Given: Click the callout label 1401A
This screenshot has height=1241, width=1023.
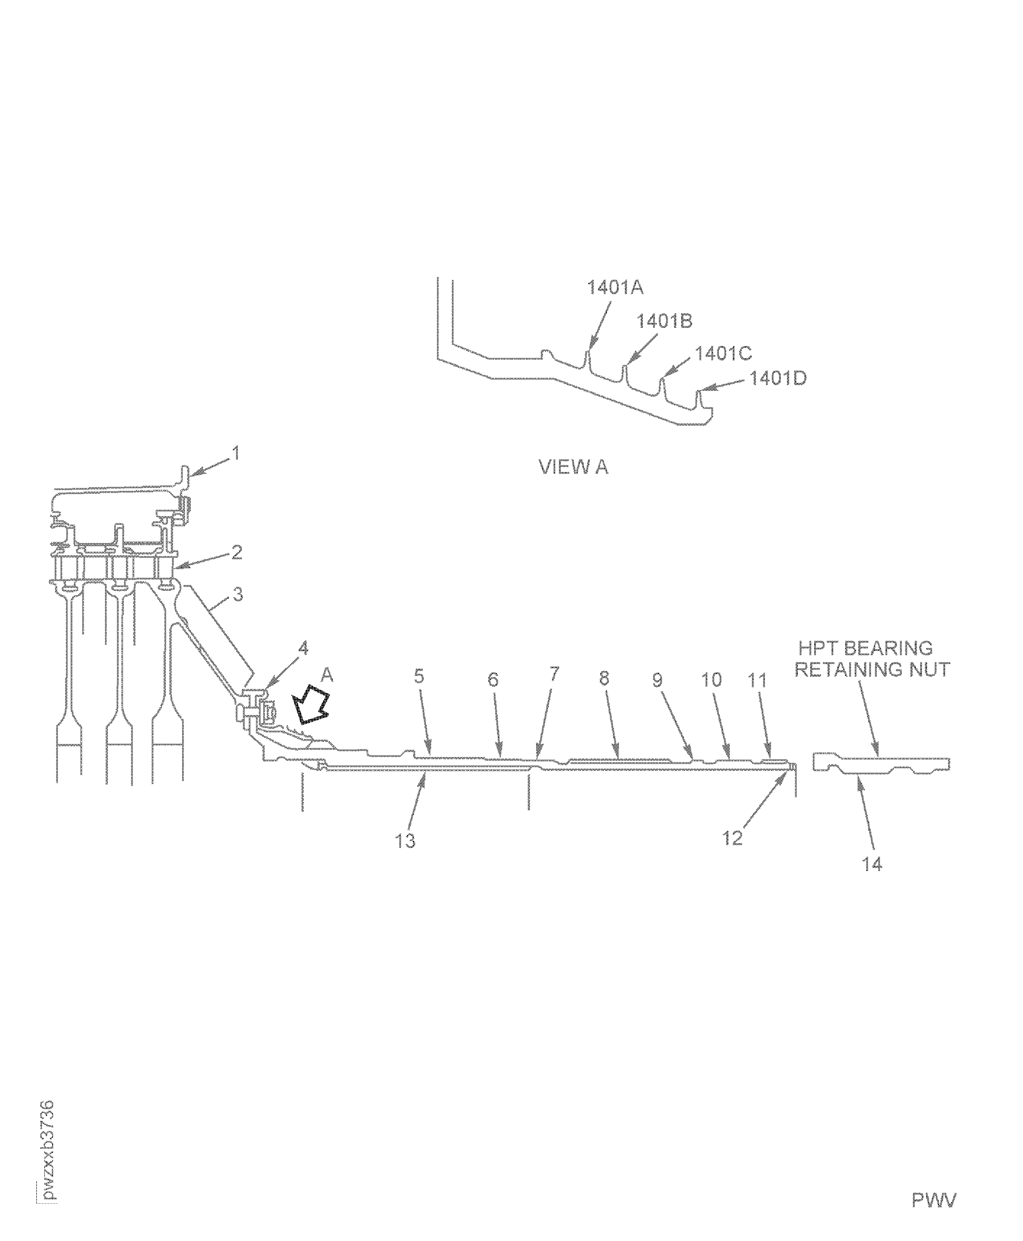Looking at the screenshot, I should (x=615, y=288).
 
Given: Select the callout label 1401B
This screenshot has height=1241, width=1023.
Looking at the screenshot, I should (x=664, y=321).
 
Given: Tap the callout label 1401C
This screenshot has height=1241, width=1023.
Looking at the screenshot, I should (x=723, y=354).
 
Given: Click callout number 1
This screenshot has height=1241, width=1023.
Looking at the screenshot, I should (x=236, y=454).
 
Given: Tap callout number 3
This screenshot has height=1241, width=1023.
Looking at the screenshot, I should (x=237, y=594).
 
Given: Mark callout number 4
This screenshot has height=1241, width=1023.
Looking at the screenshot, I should (x=303, y=648).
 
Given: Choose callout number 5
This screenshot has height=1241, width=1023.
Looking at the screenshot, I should (x=419, y=676).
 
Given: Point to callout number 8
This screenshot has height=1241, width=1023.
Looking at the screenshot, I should (x=604, y=678).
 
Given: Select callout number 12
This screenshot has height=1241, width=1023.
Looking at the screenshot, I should (x=732, y=838).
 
